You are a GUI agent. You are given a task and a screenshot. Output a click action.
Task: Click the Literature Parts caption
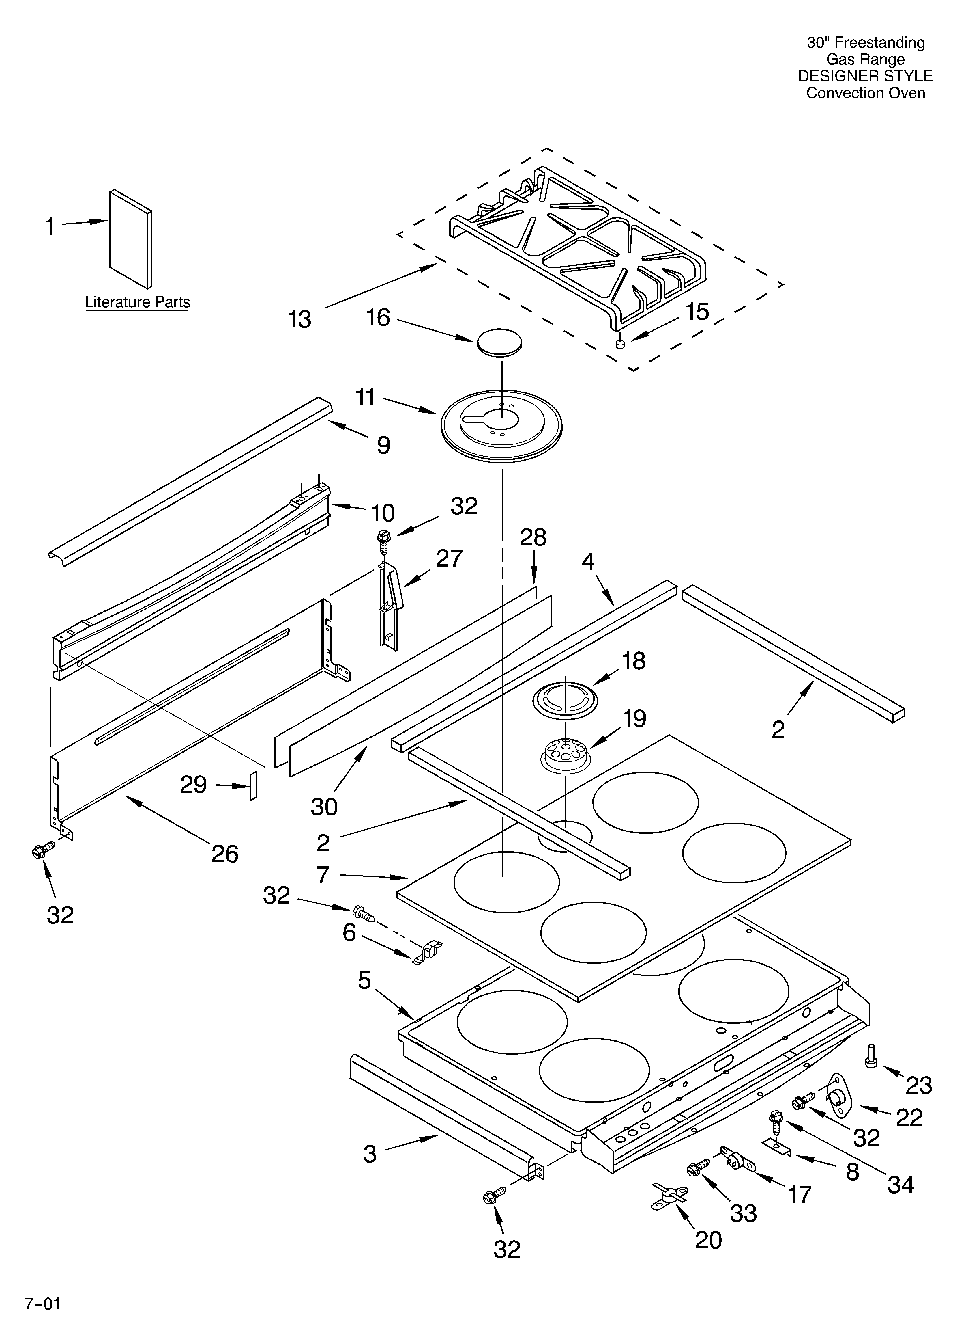138,303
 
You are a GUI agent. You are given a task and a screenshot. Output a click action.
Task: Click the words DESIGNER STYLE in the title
865,76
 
